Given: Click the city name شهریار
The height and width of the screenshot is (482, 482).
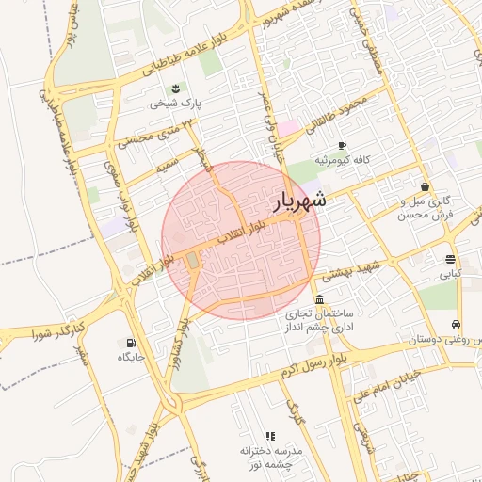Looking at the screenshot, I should pyautogui.click(x=300, y=201).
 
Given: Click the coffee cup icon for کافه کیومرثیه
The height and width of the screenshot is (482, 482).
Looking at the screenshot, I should pyautogui.click(x=341, y=145).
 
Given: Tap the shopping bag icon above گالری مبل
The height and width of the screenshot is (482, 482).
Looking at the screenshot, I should pyautogui.click(x=426, y=186).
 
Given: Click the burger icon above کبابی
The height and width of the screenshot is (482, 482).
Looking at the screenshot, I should pyautogui.click(x=452, y=259).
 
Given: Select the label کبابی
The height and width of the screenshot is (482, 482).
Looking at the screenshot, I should pyautogui.click(x=451, y=276).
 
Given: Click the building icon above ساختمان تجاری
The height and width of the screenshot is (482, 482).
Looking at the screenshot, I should pyautogui.click(x=320, y=299).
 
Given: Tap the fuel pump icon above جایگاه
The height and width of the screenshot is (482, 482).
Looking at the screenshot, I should pyautogui.click(x=130, y=343).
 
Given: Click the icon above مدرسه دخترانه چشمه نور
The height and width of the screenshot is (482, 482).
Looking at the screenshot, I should pyautogui.click(x=270, y=436).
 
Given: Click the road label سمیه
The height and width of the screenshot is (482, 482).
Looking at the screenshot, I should pyautogui.click(x=169, y=167).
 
